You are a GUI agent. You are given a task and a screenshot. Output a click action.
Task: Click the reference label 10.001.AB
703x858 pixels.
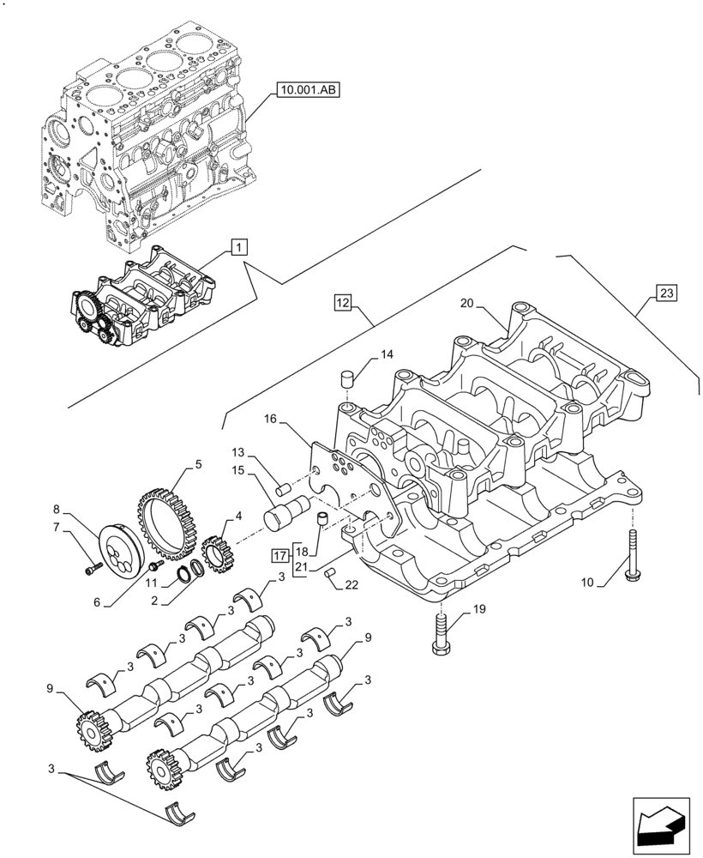307,88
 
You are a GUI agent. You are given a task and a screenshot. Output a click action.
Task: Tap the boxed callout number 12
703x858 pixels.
343,301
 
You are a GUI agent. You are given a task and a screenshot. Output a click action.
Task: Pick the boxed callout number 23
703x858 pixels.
667,293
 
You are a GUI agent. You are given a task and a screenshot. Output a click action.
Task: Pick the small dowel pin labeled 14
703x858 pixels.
348,378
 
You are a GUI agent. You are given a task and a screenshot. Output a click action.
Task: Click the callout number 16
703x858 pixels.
271,420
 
